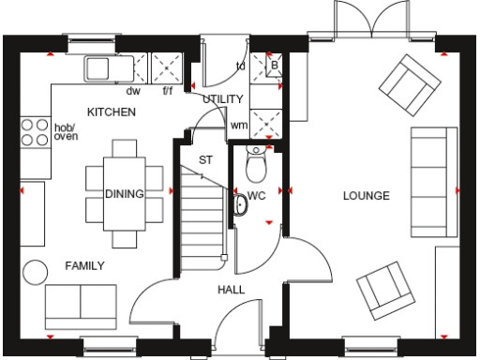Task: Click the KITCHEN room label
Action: [112, 112]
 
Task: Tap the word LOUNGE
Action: [366, 195]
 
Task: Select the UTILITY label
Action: [223, 98]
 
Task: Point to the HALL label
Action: [231, 290]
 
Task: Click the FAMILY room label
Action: [84, 265]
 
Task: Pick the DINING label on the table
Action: [124, 194]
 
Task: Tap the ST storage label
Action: [205, 159]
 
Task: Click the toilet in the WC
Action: [255, 165]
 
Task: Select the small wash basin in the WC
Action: [239, 204]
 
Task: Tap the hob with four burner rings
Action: [35, 131]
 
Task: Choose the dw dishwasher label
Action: [133, 91]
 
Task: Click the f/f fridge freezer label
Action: [169, 91]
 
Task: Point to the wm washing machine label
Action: [238, 124]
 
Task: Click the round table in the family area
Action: [36, 271]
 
